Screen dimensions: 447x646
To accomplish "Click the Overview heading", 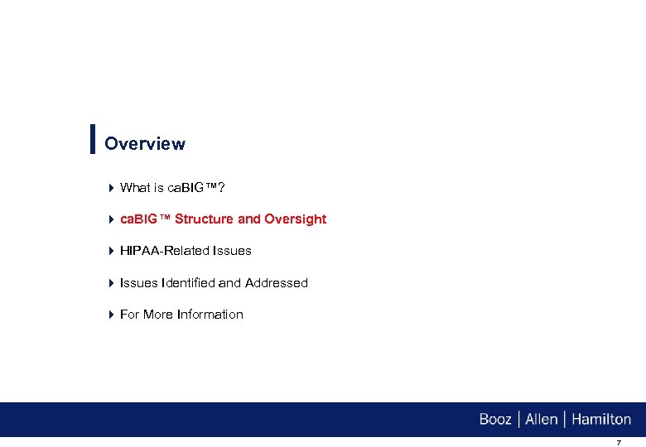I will point(145,144).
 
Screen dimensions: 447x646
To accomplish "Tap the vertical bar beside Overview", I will point(92,139).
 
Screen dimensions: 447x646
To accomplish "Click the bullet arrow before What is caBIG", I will point(111,188).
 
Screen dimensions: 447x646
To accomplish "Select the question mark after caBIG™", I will point(222,188).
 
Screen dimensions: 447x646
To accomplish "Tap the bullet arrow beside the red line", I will point(111,219).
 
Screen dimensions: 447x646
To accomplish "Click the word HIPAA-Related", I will point(162,251).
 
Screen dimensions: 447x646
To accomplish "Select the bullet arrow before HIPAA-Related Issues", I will point(111,251).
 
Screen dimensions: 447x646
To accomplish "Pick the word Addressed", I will point(276,283).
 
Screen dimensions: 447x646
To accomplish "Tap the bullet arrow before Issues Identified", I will point(111,283).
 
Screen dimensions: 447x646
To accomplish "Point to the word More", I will point(159,315).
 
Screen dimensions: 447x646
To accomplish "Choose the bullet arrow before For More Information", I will point(111,315).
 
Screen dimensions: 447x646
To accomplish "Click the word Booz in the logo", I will point(495,420).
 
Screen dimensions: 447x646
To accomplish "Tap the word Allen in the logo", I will point(542,420).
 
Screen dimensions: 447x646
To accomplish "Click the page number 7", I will point(618,443).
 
